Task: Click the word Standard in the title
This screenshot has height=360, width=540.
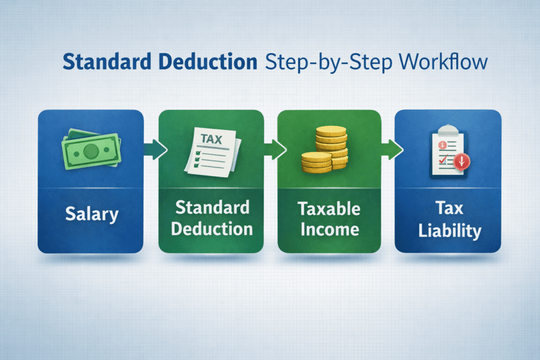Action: (x=99, y=62)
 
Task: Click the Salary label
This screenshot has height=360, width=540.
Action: (x=92, y=215)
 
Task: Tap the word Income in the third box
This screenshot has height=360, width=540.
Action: (x=329, y=230)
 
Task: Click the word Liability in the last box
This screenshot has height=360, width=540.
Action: (x=448, y=231)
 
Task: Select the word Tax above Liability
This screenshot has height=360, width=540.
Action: (x=448, y=209)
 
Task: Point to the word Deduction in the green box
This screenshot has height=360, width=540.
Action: (x=211, y=229)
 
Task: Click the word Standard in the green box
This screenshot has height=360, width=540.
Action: (x=211, y=207)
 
